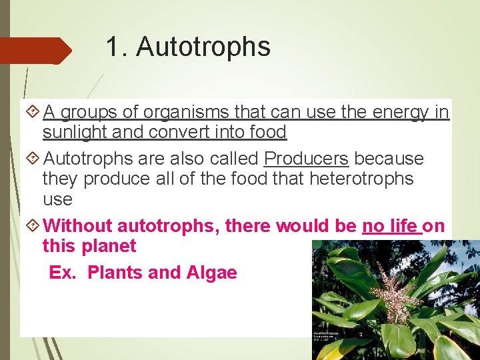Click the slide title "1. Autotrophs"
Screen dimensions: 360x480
[x=188, y=47]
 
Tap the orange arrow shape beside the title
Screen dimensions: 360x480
[x=37, y=51]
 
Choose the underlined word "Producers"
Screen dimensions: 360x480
[x=306, y=159]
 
